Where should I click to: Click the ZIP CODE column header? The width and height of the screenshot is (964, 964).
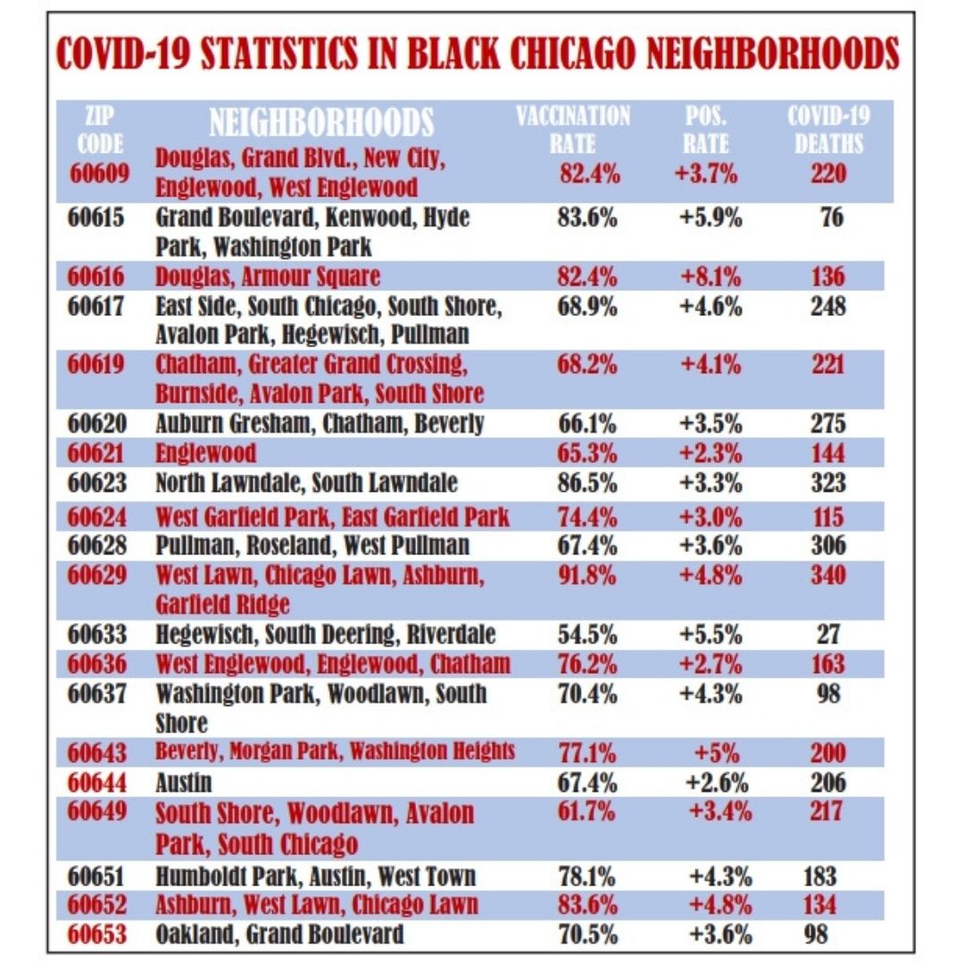pos(100,129)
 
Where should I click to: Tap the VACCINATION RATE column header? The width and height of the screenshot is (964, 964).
pos(573,129)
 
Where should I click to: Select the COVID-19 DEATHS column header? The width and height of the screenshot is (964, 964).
pos(829,129)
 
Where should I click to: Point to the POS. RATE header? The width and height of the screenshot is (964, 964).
pos(707,129)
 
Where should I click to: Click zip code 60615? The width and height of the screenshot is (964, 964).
pos(100,218)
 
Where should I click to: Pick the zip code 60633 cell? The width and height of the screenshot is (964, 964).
pos(100,635)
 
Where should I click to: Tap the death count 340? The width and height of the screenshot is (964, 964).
pos(829,575)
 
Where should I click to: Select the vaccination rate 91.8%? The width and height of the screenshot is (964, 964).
pos(587,575)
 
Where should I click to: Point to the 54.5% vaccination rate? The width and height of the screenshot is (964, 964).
pos(587,635)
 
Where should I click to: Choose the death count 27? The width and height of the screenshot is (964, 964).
pos(829,635)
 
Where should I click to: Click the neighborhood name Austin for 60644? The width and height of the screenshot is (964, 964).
pos(184,783)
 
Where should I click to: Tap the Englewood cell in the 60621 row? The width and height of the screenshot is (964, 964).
pos(205,453)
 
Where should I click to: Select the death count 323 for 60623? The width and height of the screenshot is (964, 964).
pos(829,483)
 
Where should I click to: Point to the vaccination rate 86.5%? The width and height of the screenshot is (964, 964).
pos(587,483)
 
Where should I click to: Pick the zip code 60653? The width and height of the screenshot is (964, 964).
pos(100,935)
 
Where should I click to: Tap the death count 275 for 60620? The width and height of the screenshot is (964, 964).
pos(829,423)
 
